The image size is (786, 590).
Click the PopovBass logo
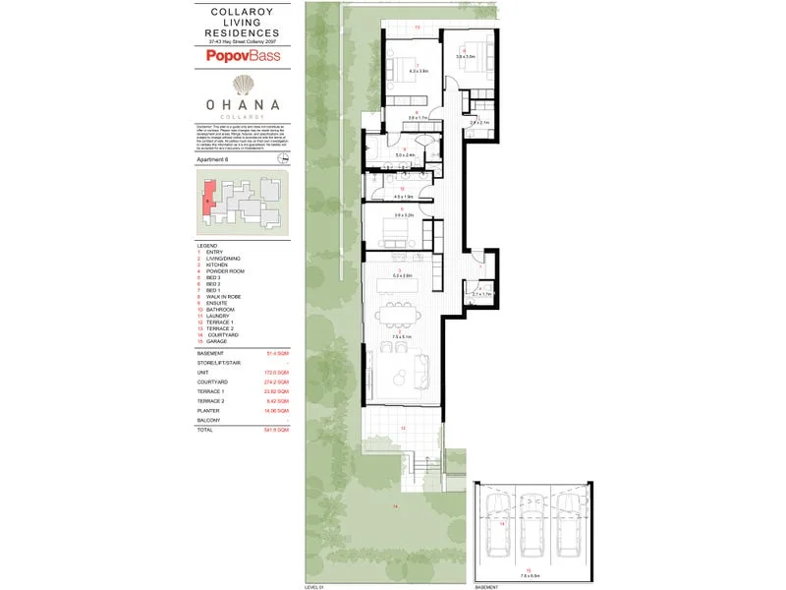[x=243, y=56]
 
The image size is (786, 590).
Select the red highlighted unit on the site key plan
[x=208, y=195]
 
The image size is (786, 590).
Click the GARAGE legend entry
[x=217, y=341]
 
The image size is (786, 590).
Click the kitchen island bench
[x=398, y=285]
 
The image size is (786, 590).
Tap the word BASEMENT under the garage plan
[x=485, y=586]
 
